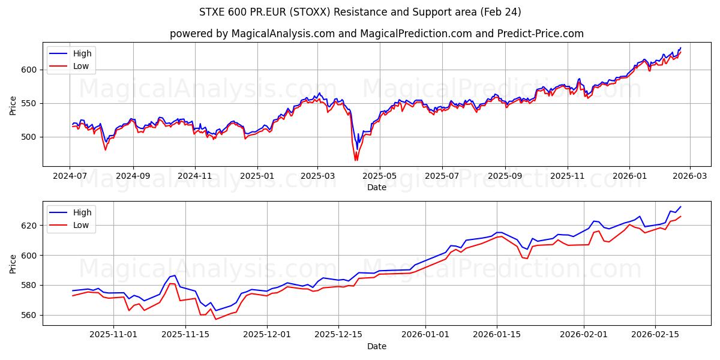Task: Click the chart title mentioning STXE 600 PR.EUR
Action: pyautogui.click(x=360, y=12)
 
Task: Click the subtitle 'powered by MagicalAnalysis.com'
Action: pyautogui.click(x=252, y=34)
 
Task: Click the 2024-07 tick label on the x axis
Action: pyautogui.click(x=70, y=176)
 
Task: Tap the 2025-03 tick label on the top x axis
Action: pyautogui.click(x=317, y=176)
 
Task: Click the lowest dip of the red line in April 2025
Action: pyautogui.click(x=356, y=160)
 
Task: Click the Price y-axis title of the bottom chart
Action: pyautogui.click(x=13, y=263)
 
